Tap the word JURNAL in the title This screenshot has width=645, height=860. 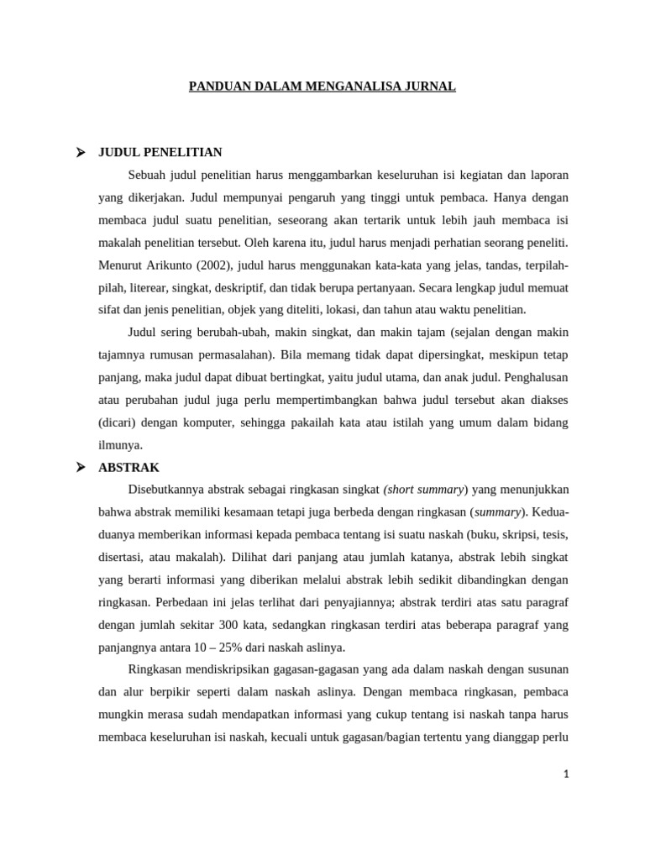click(x=430, y=86)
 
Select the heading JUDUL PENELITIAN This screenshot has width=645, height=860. click(x=160, y=152)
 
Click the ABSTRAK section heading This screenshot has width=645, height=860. click(x=128, y=467)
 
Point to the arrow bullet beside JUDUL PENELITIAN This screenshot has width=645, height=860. click(x=81, y=152)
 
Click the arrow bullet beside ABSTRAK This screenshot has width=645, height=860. click(x=81, y=467)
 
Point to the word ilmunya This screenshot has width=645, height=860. click(x=121, y=445)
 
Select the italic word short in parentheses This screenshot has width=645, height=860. click(x=402, y=490)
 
